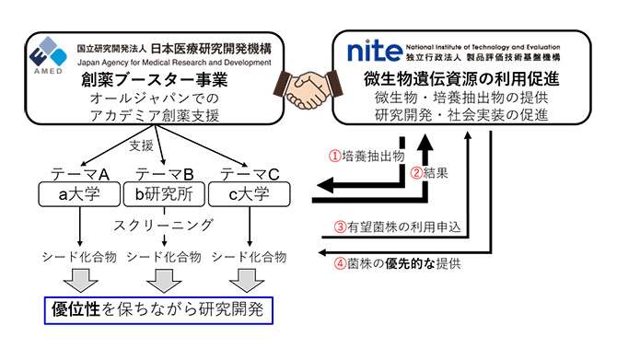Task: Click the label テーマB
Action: [x=164, y=174]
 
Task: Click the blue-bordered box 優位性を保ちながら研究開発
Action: [x=159, y=308]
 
